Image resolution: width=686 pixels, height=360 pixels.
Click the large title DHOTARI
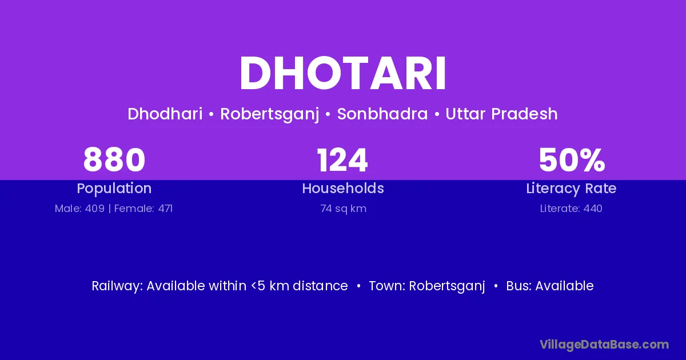[342, 73]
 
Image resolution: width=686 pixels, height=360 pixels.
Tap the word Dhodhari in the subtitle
[165, 114]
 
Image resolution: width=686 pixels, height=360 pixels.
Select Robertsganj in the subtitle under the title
[269, 114]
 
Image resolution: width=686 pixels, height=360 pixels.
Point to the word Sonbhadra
[382, 114]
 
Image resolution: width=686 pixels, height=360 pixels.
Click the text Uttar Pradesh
[501, 114]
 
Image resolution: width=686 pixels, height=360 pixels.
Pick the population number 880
[114, 160]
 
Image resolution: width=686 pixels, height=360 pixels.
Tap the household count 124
[342, 160]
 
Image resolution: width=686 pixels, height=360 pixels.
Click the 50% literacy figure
[572, 160]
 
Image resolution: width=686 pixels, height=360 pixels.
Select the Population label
[114, 189]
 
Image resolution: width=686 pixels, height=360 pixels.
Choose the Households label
[343, 188]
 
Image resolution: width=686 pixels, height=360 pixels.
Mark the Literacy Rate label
[571, 189]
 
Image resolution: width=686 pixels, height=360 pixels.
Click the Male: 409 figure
[79, 209]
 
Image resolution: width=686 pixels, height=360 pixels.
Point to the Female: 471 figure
[143, 209]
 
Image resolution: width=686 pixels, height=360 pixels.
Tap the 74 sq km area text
[344, 209]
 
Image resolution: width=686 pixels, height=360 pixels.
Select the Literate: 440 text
[571, 209]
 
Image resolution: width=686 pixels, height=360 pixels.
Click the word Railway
[117, 286]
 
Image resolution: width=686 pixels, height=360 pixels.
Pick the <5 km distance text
[300, 286]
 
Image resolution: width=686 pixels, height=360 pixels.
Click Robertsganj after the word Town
[447, 286]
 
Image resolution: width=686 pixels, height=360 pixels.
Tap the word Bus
[519, 286]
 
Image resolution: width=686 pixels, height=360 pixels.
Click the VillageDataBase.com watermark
[604, 345]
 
